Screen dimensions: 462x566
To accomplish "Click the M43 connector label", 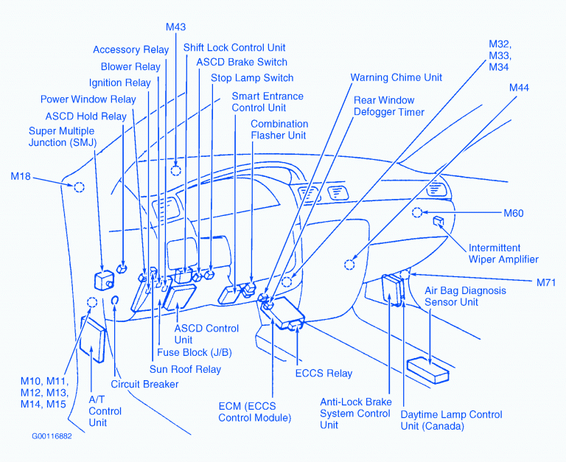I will click(175, 27).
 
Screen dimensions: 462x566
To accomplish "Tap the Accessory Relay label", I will click(130, 50).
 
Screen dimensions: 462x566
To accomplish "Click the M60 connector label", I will click(513, 214).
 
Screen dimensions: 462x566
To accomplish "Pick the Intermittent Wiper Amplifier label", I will click(504, 253).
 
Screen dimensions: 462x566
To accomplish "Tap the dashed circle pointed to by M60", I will click(417, 213).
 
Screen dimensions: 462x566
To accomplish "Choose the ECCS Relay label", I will click(324, 374).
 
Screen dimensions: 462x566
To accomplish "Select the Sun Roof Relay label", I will click(185, 369).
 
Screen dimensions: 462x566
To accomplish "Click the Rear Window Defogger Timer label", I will click(389, 106).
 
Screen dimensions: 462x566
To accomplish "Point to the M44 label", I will click(519, 88).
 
